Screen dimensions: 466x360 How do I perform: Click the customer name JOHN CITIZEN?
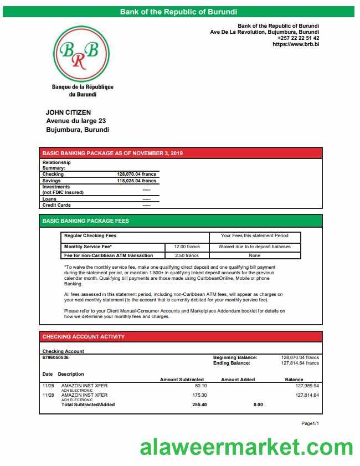(68, 112)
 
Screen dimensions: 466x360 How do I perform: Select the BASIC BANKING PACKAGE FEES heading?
(86, 221)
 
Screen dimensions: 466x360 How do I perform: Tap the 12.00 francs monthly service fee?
(187, 247)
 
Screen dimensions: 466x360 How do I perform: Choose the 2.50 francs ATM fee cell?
(187, 255)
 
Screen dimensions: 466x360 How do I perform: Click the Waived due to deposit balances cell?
(255, 247)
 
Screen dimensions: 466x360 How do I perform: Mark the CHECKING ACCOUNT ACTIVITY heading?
(84, 337)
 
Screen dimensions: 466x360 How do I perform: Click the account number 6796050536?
(56, 357)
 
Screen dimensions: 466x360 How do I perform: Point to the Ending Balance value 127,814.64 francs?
(300, 363)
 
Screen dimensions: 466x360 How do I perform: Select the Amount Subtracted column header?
(182, 380)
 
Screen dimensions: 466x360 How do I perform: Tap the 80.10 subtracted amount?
(200, 386)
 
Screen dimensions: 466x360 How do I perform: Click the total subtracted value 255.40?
(199, 404)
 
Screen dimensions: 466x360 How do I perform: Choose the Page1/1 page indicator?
(310, 423)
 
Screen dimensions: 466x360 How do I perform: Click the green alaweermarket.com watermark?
(246, 447)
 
